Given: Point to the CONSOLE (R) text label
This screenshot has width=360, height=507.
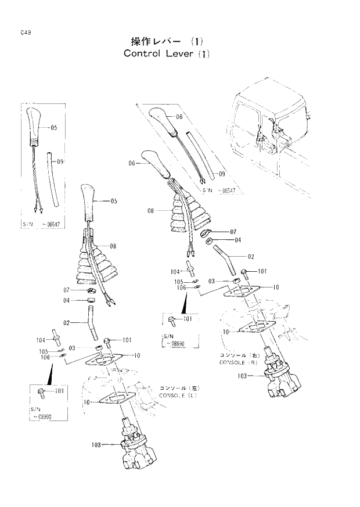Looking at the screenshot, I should point(238,362).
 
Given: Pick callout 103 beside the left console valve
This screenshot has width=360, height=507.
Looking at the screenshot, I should point(96,445).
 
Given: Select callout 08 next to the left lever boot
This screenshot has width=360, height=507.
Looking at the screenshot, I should point(113,246).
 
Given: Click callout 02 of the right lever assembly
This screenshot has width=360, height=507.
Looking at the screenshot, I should point(251,256).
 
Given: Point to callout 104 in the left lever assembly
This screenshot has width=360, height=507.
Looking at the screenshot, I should point(41,340).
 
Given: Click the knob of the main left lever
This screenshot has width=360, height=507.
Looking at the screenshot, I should point(89,203).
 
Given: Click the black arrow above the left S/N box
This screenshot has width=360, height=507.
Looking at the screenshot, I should point(51,375).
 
